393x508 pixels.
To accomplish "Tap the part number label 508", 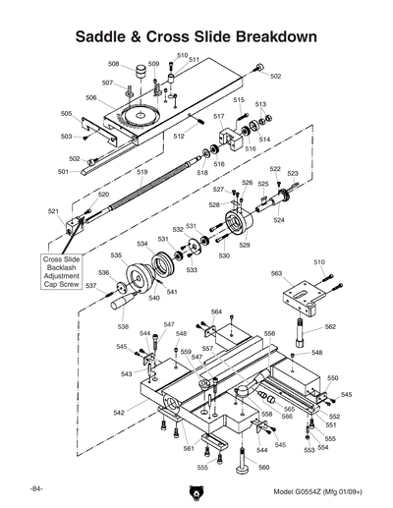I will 114,64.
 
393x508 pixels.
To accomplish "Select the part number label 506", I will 90,97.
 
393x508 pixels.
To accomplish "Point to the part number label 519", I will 142,173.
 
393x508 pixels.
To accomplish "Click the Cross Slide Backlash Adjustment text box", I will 60,273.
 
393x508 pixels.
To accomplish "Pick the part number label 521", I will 53,211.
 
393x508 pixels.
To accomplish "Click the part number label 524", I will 279,220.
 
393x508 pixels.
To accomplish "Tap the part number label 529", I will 245,245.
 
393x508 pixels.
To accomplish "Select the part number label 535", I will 116,255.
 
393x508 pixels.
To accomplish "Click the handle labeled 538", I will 125,311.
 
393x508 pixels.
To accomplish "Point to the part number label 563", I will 277,274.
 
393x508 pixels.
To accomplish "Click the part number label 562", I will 330,326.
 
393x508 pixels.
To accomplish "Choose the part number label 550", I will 332,378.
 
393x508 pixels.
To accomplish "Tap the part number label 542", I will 119,414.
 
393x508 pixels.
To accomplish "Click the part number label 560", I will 263,468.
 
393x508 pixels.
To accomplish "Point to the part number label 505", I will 67,114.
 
